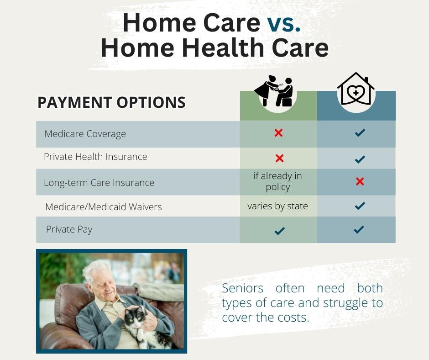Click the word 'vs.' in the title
(284, 23)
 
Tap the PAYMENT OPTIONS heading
(112, 102)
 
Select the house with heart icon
(356, 89)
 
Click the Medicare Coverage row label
(85, 134)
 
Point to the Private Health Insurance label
(95, 156)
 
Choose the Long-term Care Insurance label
(99, 182)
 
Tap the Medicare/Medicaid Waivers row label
(104, 206)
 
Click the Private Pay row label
(69, 229)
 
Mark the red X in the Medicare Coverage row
(278, 133)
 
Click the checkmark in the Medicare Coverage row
(360, 132)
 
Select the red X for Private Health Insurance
(279, 158)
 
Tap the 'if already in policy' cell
(277, 181)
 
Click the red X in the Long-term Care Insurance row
(360, 181)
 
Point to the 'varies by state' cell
(277, 206)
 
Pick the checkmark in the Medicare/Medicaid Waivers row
(360, 206)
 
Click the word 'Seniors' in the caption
(243, 288)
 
